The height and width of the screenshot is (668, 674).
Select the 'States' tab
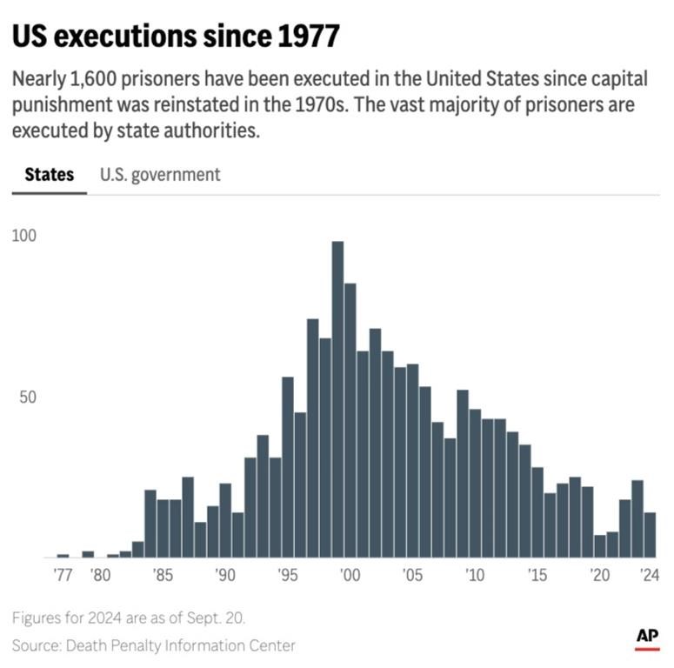(49, 174)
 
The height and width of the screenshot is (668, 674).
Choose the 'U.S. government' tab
(160, 174)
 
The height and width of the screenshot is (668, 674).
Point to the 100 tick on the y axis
(24, 236)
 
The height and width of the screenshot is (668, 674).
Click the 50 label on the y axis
(28, 397)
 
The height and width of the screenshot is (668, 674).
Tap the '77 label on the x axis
(63, 575)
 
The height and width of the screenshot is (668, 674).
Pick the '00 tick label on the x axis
(350, 575)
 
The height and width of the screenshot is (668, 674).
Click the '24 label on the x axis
(649, 575)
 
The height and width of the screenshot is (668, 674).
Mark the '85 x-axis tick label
(162, 575)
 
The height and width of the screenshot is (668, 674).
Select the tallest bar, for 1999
(337, 400)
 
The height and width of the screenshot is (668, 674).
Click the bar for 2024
(650, 535)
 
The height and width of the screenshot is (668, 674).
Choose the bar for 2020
(600, 546)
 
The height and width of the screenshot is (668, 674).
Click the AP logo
(647, 638)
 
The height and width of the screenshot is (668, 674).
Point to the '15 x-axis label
(537, 575)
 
